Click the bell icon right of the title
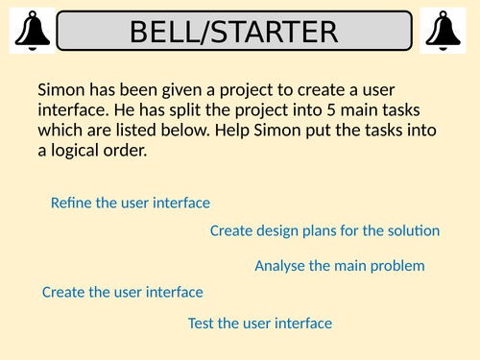[449, 31]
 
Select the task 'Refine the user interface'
[130, 203]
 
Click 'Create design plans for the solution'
[324, 230]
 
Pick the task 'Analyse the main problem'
[339, 266]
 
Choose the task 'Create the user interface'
[123, 292]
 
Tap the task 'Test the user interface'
[260, 324]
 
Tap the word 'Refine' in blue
[70, 203]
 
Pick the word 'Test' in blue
[201, 324]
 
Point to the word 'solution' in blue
[414, 230]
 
